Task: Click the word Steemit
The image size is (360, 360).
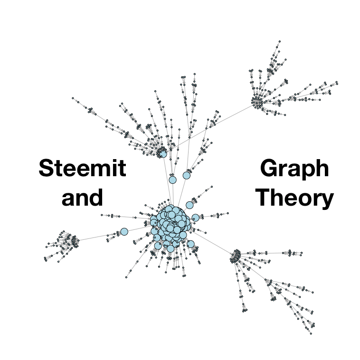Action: pos(82,169)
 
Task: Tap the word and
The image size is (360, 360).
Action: pos(82,197)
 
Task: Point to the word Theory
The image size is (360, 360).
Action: pos(294,197)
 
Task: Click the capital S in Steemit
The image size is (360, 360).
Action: pos(47,169)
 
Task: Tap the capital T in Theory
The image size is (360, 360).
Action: pos(264,197)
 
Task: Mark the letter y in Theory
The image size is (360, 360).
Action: pos(327,199)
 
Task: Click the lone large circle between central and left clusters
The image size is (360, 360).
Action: pos(124,232)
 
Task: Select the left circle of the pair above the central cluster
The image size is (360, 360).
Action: pos(172,180)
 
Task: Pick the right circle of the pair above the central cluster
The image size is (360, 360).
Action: pos(187,175)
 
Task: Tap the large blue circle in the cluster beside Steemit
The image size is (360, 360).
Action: pos(163,153)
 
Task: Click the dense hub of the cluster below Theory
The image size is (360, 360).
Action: pos(236,256)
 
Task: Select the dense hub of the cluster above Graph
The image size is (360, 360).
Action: pos(257,103)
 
